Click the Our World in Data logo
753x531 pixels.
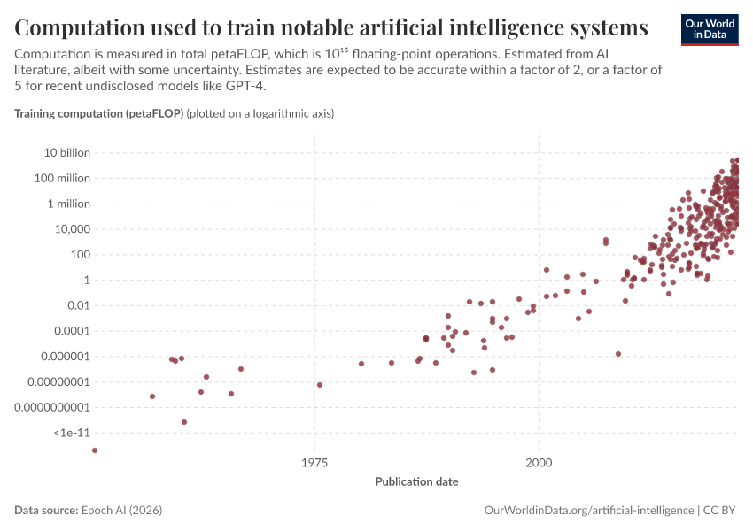710,30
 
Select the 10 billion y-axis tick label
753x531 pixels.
66,152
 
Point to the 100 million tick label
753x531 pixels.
62,178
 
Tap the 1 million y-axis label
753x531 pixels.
69,204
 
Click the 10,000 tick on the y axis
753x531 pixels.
72,229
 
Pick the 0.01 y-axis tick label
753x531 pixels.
78,305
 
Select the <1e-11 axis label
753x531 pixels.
72,433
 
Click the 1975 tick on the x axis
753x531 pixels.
314,462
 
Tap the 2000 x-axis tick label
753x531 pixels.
539,462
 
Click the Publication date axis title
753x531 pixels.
417,481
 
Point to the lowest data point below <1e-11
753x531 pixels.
95,450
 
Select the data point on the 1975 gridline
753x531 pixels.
320,385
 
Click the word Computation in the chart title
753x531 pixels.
79,27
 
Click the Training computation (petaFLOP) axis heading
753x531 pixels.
99,113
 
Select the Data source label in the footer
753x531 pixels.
46,510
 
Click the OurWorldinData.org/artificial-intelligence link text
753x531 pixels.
589,510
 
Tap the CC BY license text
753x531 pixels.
719,510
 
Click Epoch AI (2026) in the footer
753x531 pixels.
122,510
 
